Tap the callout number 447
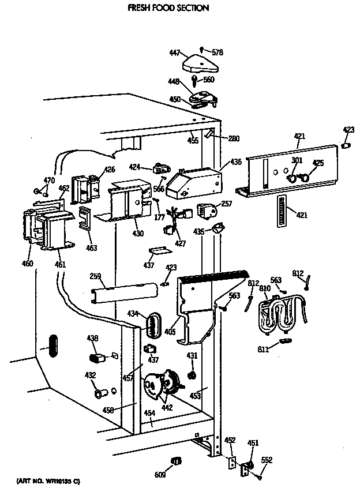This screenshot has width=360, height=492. click(x=174, y=52)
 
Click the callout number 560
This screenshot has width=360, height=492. click(x=209, y=80)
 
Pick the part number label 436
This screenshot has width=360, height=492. click(x=236, y=162)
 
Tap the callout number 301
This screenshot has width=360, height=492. click(x=297, y=160)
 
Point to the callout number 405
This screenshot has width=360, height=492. click(x=171, y=332)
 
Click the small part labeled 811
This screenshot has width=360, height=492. click(x=283, y=341)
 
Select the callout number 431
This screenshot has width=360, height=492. click(x=192, y=356)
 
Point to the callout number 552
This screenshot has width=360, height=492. click(x=267, y=460)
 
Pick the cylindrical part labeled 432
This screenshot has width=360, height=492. click(x=102, y=393)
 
